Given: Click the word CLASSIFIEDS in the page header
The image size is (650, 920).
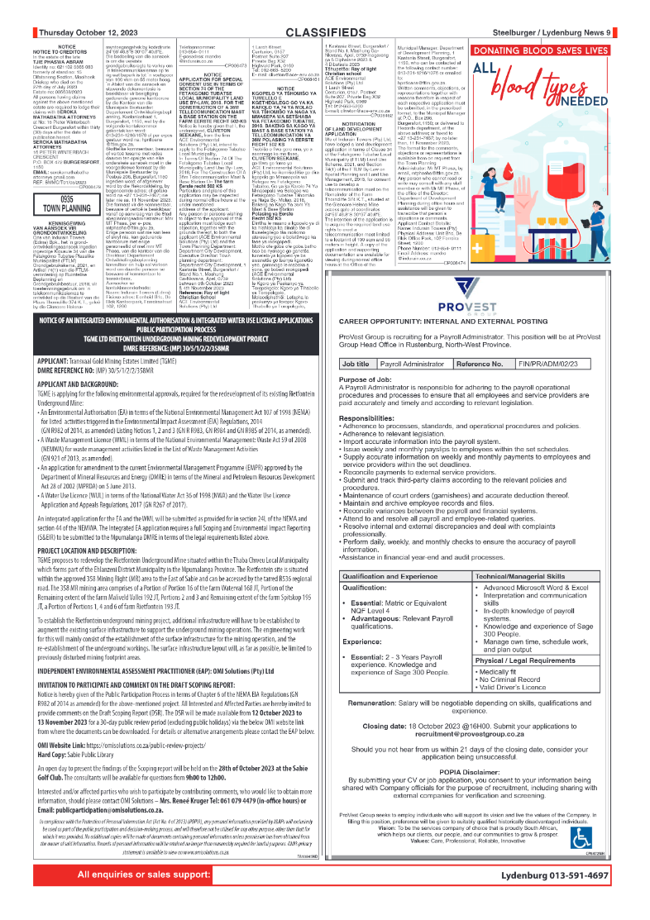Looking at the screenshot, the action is click(325, 32).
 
